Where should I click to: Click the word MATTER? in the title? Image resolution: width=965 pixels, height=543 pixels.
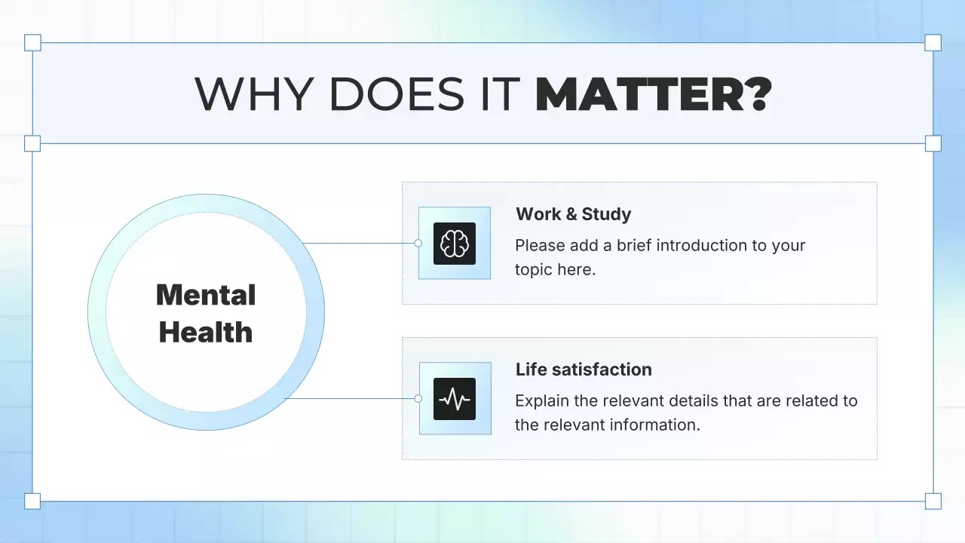coord(654,94)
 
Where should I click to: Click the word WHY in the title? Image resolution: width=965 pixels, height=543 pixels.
coord(253,94)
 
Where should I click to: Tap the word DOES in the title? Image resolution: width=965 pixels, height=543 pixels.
coord(397,94)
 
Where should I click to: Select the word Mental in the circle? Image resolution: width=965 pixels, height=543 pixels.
coord(206,295)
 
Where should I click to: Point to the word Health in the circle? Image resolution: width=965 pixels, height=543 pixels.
coord(206,333)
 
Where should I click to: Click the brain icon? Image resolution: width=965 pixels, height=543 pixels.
coord(455,244)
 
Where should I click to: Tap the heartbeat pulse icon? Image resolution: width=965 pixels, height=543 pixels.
coord(455,398)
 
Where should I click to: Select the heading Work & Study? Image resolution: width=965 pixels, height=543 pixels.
coord(573,214)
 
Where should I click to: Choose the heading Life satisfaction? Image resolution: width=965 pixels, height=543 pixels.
coord(584,370)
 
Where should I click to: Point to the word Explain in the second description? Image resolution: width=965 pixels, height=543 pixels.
coord(542,400)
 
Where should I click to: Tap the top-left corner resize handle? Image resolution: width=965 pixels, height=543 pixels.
coord(32,42)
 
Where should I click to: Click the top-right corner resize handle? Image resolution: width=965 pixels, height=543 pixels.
coord(933,42)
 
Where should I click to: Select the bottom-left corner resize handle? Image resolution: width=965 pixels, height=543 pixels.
coord(32,501)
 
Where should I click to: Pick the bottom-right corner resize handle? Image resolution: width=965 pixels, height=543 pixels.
coord(933,501)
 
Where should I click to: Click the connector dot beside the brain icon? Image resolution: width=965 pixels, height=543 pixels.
coord(418,244)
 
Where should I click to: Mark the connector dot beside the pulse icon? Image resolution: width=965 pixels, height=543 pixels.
coord(418,398)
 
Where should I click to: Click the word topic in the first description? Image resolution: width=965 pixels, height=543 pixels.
coord(533,270)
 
